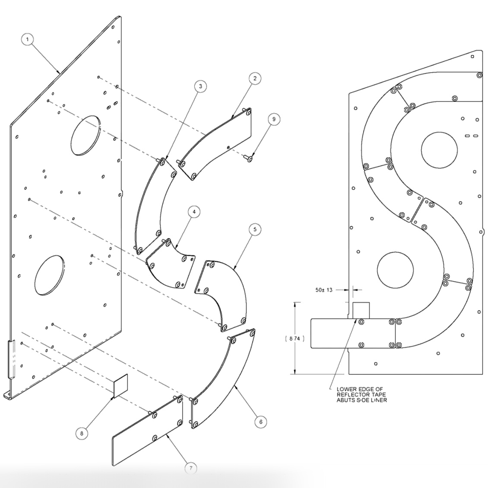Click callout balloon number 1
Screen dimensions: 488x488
[27, 40]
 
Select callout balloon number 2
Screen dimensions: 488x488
[255, 78]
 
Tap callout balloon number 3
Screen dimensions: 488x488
[200, 86]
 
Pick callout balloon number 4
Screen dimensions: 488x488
[194, 212]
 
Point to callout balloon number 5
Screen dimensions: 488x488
[255, 230]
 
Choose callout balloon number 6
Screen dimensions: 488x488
[260, 421]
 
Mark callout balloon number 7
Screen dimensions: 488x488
[191, 468]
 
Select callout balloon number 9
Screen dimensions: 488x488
[273, 119]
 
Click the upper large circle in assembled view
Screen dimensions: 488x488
[439, 150]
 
